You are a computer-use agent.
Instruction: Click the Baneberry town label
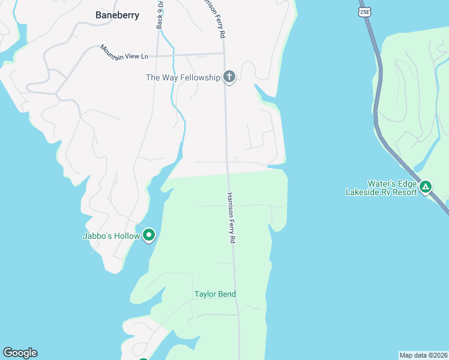pos(117,15)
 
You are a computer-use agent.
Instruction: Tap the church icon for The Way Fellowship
pos(228,77)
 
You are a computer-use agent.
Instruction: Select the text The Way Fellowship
pos(183,77)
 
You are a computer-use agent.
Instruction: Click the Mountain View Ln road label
pos(124,52)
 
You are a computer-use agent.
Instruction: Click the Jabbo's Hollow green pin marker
pos(149,235)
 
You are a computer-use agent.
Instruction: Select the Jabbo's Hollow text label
pos(110,236)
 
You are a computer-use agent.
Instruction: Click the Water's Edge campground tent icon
pos(426,187)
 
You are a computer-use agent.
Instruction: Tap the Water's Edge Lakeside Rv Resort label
pos(381,188)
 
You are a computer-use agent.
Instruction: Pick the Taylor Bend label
pos(215,294)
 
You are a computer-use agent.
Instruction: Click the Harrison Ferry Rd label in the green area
pos(231,218)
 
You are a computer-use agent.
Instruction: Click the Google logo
pos(20,353)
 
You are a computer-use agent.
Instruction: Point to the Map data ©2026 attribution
pos(423,355)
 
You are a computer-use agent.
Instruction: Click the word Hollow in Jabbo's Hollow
pos(127,236)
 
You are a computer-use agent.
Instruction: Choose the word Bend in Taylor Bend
pos(227,294)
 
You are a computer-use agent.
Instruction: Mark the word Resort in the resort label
pos(404,192)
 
